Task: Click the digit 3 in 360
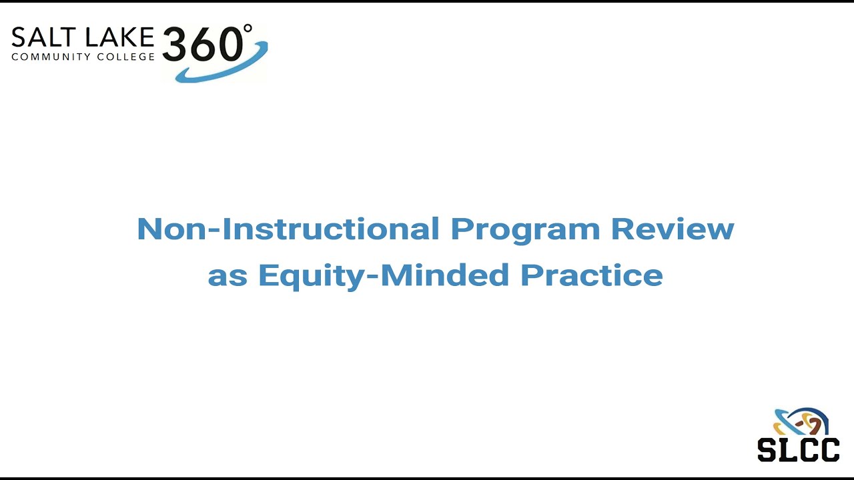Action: (177, 45)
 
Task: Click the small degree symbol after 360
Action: (248, 29)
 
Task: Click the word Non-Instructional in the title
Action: (288, 229)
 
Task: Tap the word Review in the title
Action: (673, 229)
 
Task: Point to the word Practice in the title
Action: (592, 275)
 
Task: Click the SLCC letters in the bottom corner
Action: (798, 449)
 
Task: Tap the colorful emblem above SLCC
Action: (800, 421)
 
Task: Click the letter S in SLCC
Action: (768, 449)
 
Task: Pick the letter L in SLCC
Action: (787, 449)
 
